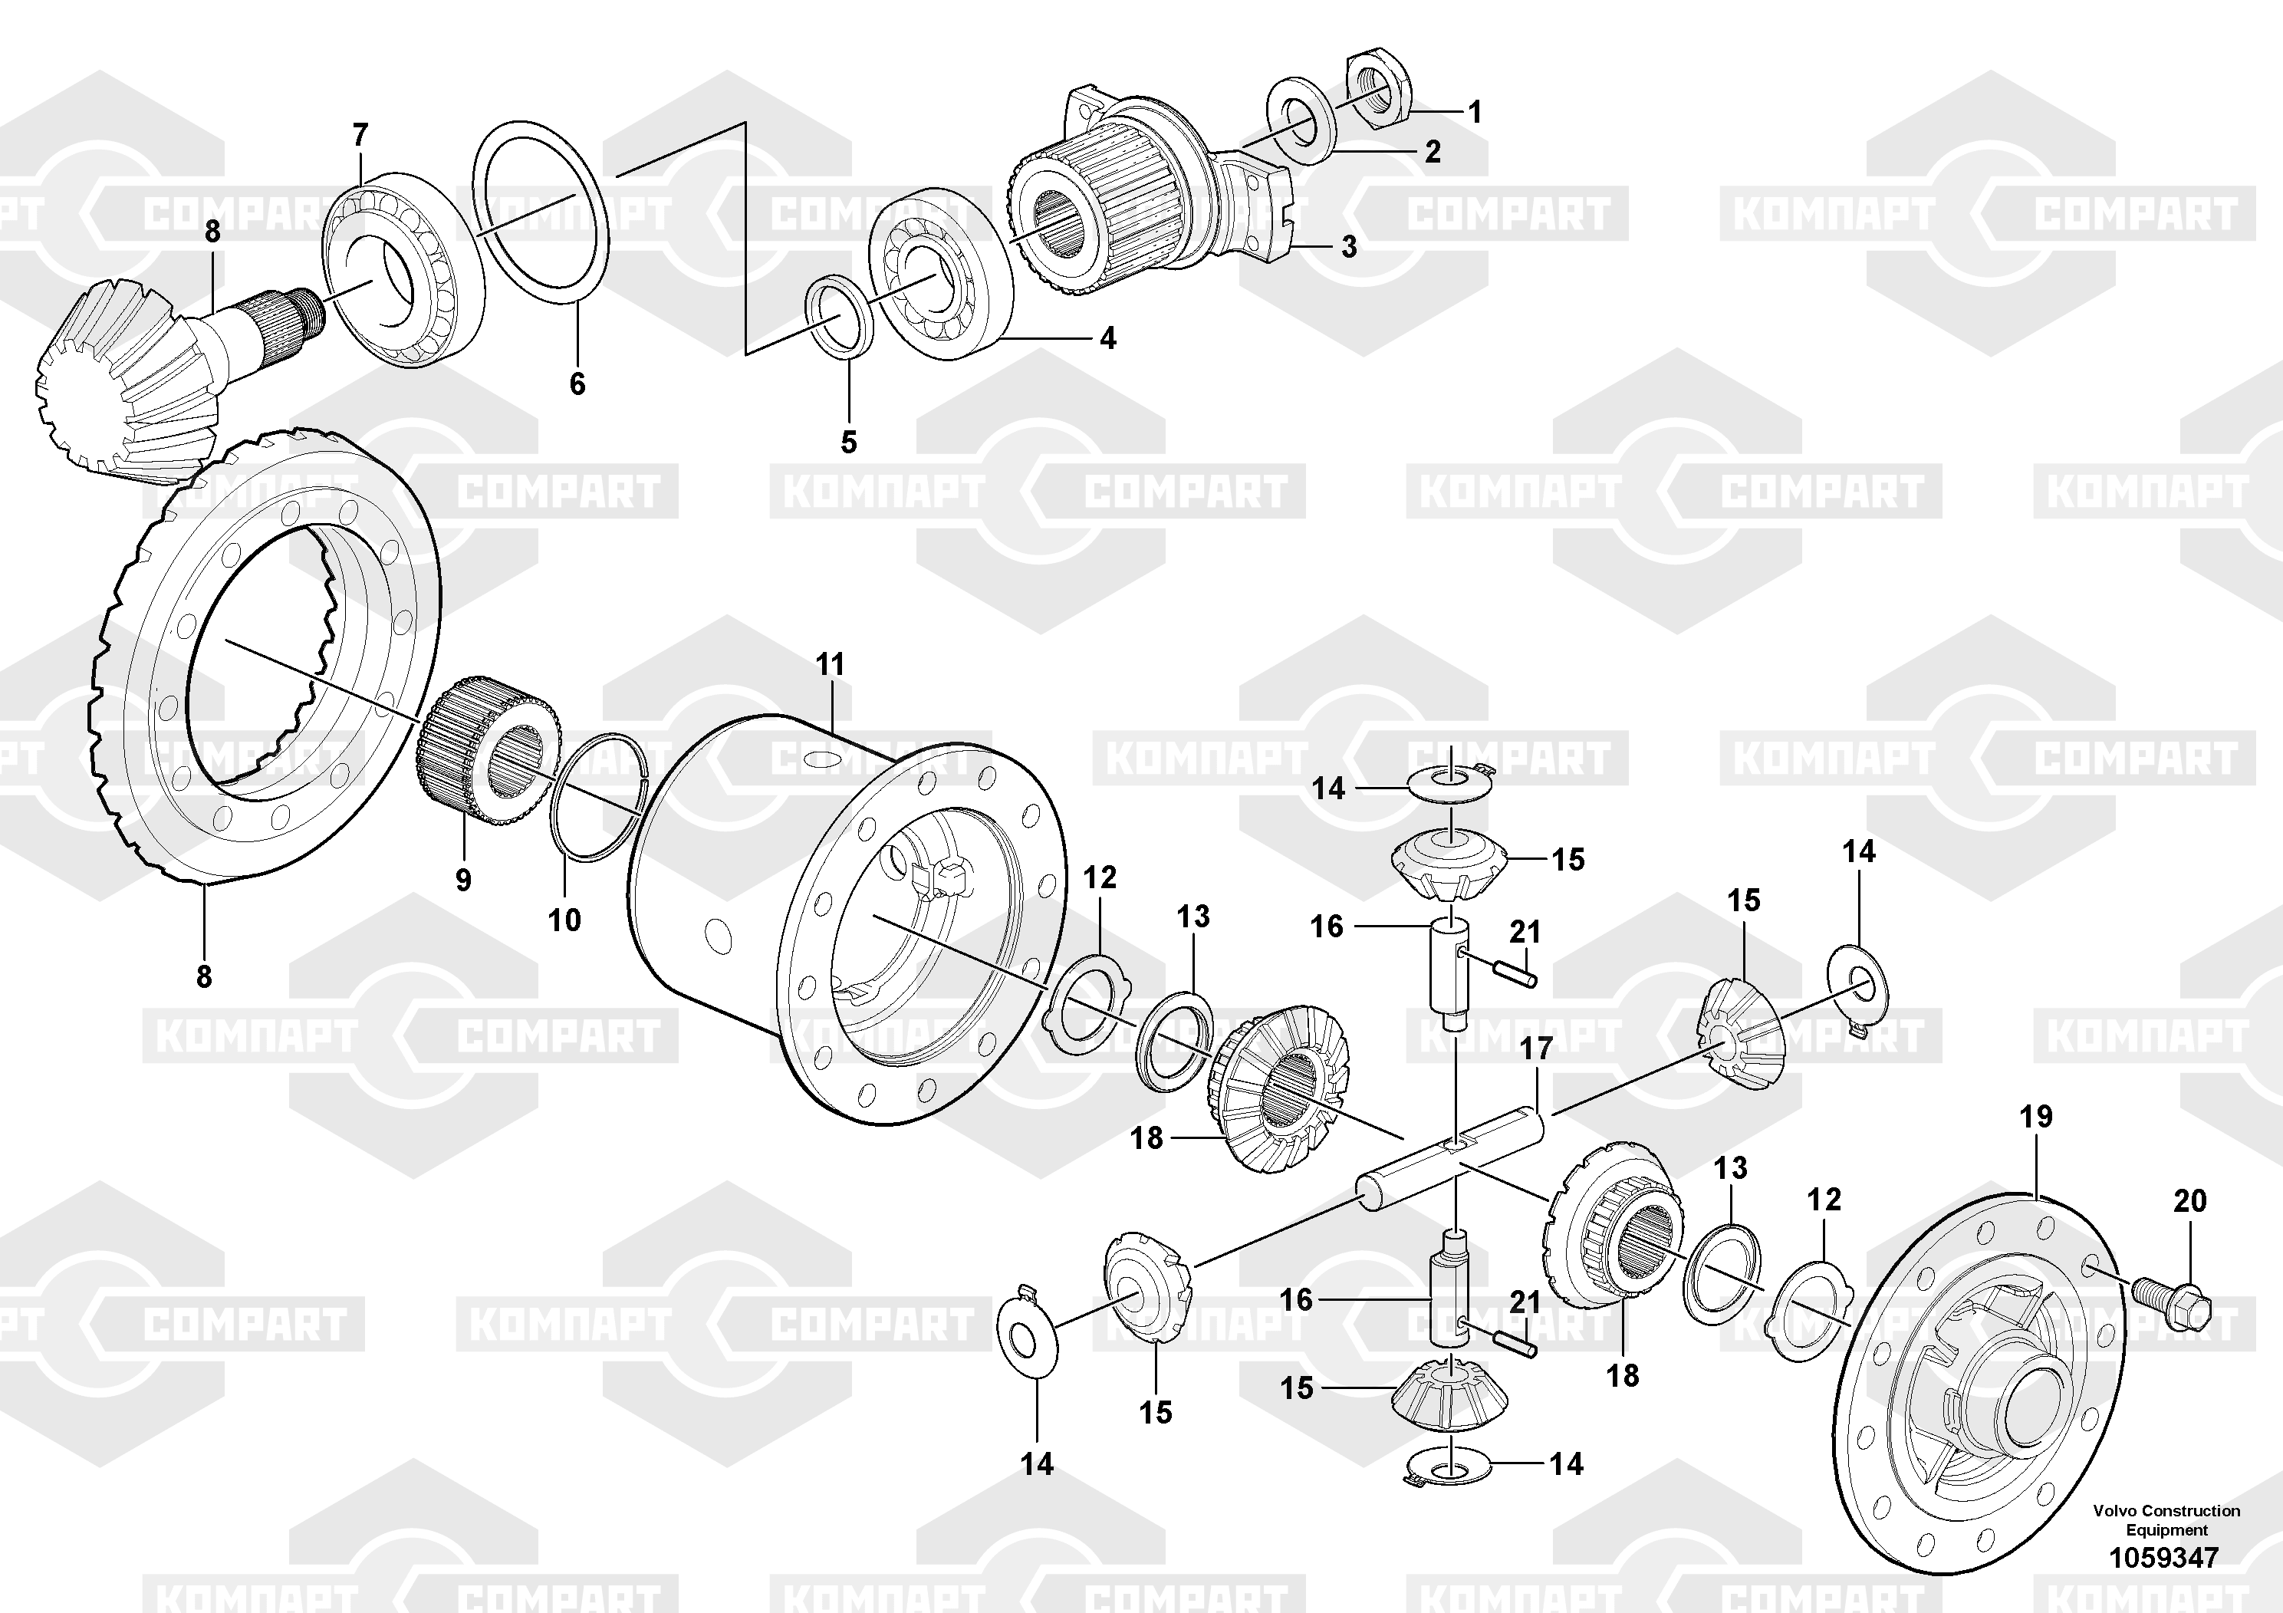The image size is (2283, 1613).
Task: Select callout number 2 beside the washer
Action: [1432, 151]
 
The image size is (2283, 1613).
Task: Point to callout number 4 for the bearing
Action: [1107, 339]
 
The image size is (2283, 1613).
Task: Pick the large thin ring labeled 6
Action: [540, 210]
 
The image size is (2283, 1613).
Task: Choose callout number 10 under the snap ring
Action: [564, 920]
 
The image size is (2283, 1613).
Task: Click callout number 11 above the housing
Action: [831, 664]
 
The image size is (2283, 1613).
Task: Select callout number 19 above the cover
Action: [2035, 1117]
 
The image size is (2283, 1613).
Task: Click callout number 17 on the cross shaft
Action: [1536, 1048]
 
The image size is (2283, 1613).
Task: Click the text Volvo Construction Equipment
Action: [2166, 1520]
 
